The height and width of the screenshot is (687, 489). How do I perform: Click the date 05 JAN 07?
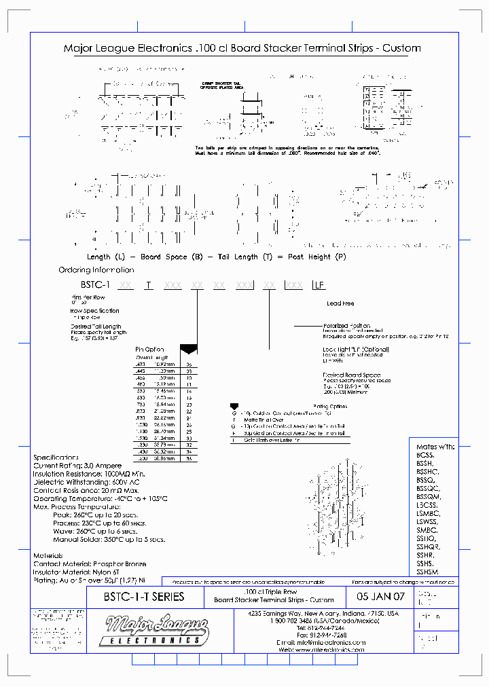[380, 597]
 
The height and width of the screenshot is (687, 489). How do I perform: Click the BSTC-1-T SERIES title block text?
[135, 597]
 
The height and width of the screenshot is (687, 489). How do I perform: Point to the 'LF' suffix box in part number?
[319, 286]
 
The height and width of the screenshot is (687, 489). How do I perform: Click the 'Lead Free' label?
[340, 303]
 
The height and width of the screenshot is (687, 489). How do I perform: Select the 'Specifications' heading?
[56, 458]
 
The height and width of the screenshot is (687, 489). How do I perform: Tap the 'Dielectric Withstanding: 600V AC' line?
[86, 481]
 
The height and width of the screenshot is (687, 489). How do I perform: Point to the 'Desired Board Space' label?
[352, 375]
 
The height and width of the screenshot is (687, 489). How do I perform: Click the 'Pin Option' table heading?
[149, 350]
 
